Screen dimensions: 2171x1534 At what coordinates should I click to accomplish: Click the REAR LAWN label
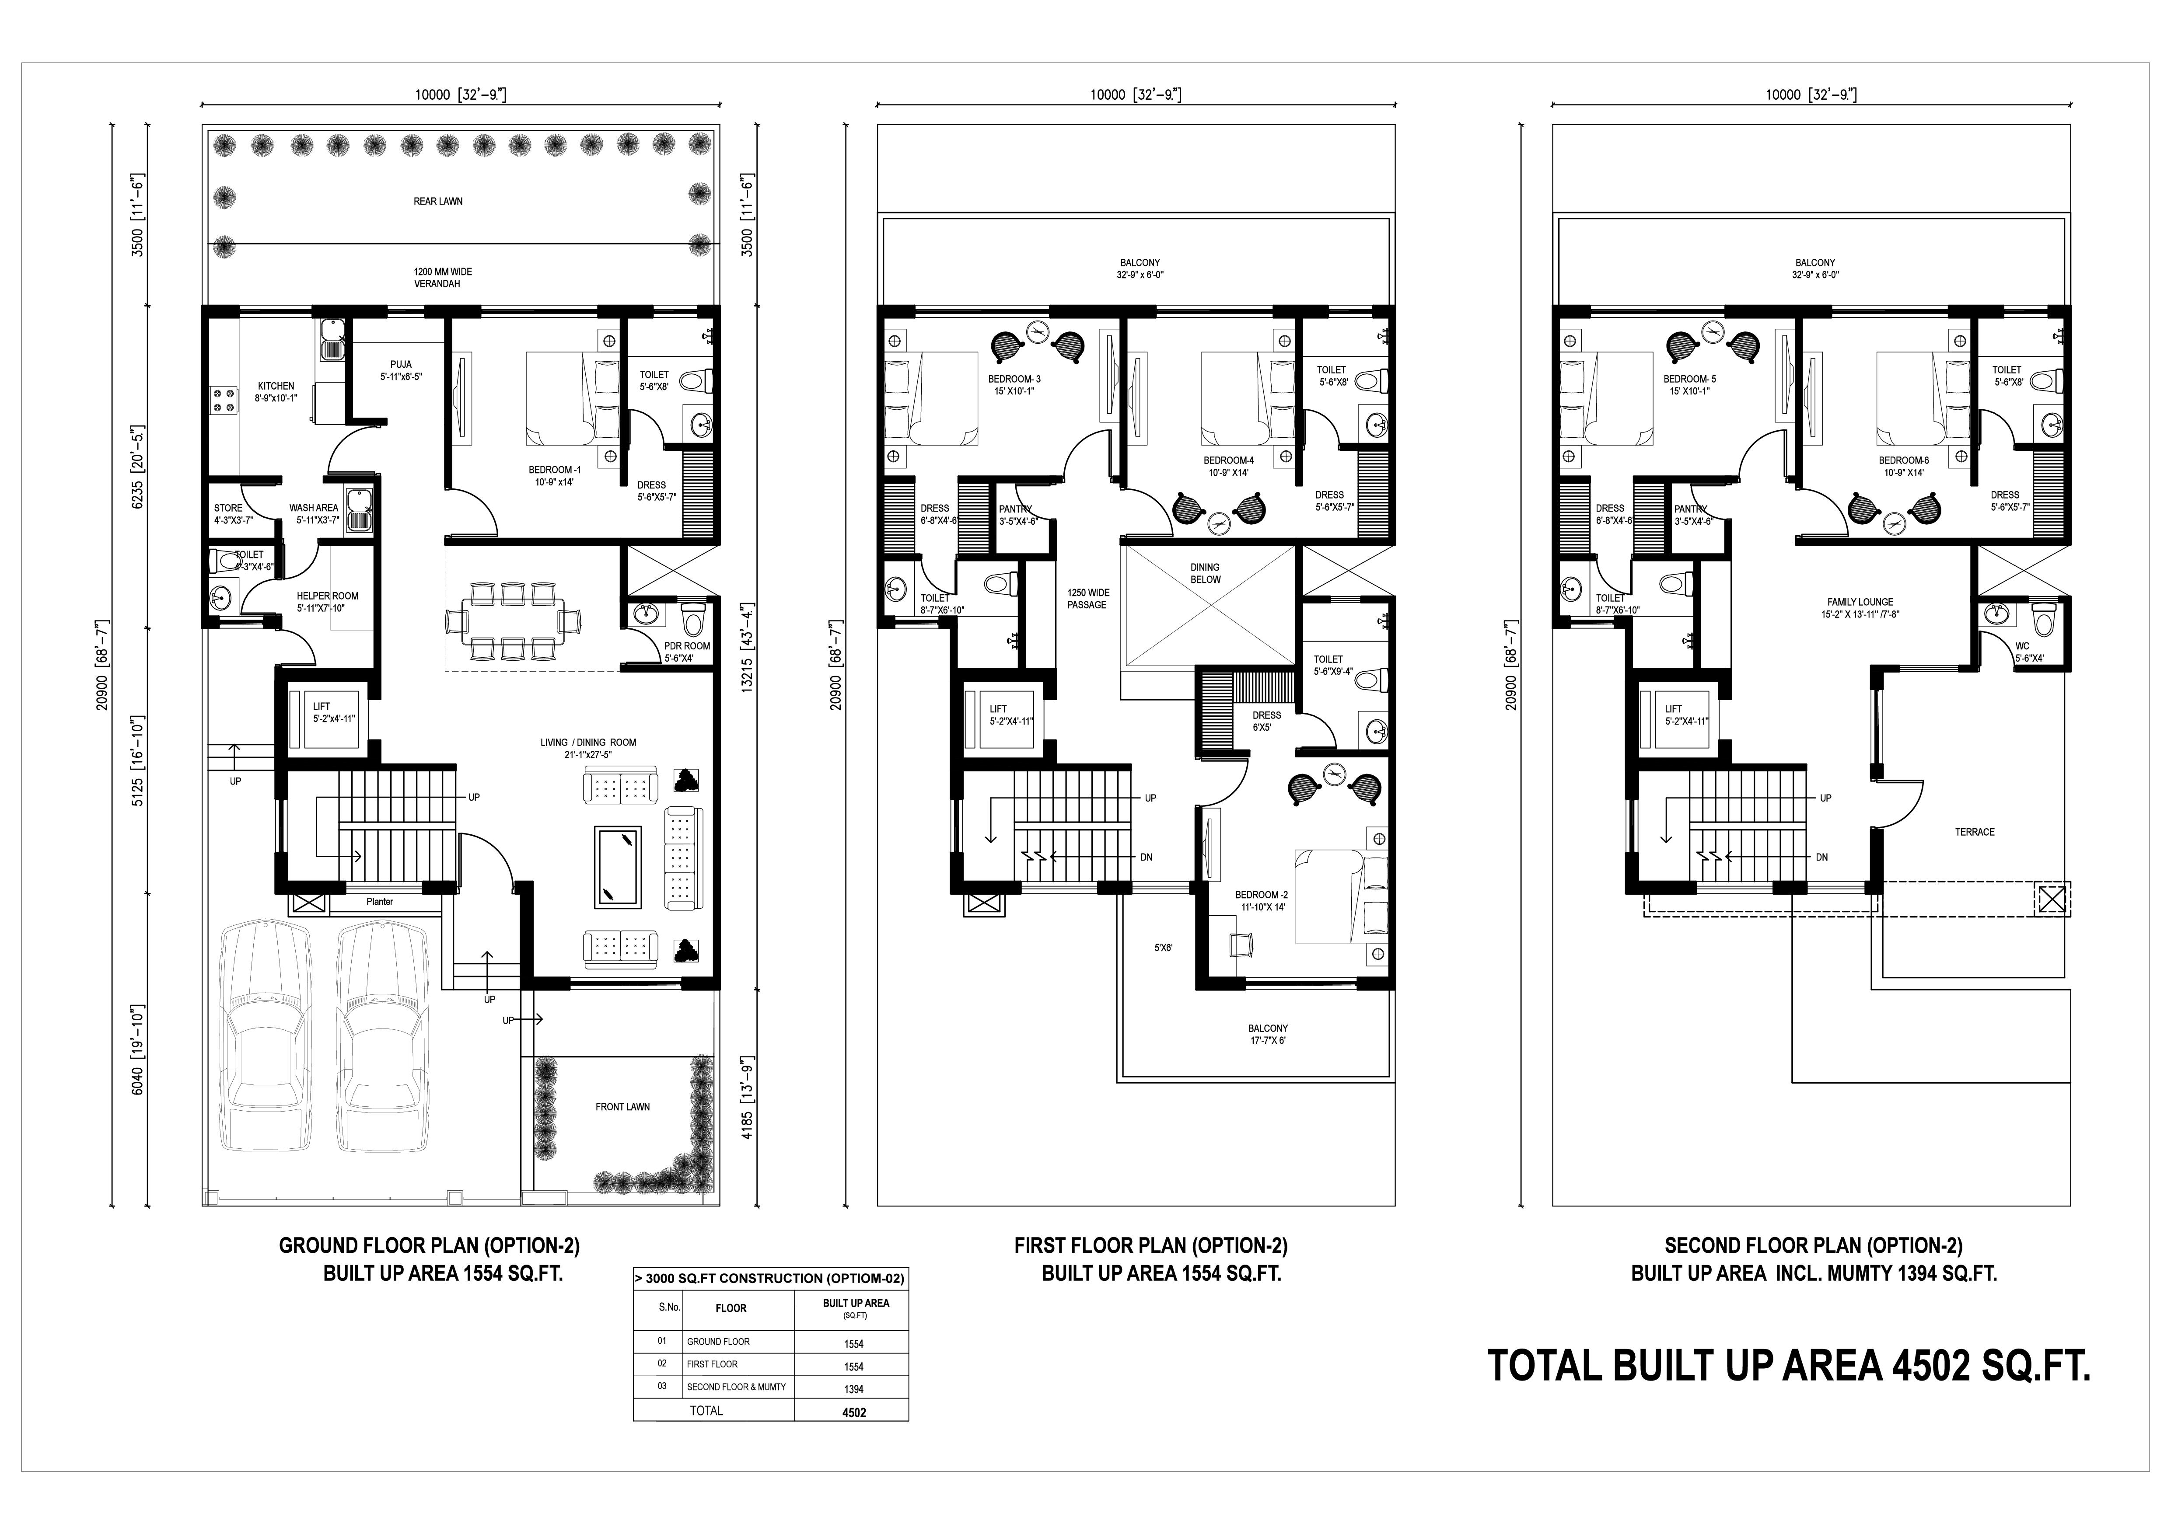[x=438, y=201]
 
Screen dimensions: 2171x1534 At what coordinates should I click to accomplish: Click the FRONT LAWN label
[x=622, y=1107]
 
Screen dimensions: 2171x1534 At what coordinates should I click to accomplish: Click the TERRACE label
[x=1974, y=832]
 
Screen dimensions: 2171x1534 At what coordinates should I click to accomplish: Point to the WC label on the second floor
[x=2021, y=646]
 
